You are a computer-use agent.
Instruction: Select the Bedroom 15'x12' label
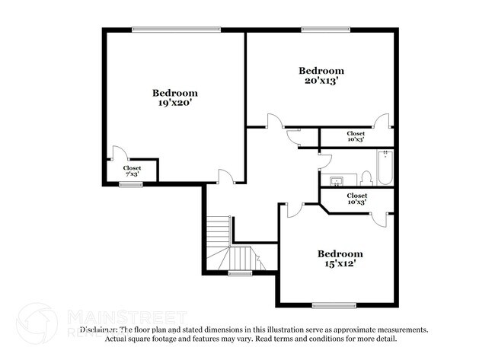coord(340,259)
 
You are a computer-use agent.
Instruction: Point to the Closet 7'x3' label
coord(132,170)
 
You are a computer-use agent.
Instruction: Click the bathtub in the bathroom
coord(385,168)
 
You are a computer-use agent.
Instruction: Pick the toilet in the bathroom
coord(366,178)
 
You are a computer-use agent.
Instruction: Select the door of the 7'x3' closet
coord(117,152)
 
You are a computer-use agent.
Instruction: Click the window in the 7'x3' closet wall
coord(131,183)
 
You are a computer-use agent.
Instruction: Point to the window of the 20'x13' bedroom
coord(320,30)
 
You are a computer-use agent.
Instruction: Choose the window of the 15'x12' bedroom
coord(334,306)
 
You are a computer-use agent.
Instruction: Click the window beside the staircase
coord(240,272)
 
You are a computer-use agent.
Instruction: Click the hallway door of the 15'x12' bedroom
coord(294,209)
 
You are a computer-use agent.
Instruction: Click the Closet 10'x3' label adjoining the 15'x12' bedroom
coord(356,201)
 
